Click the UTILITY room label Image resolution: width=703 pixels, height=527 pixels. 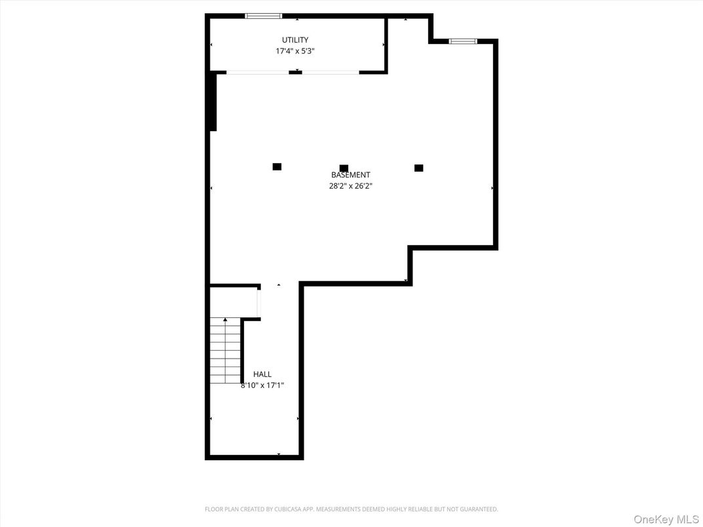pos(295,40)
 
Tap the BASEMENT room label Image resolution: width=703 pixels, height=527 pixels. pos(350,175)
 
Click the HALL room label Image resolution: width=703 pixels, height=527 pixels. pos(262,374)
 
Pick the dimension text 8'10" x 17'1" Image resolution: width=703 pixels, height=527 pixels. pos(262,385)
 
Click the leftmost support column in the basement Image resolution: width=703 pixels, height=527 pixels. pos(277,167)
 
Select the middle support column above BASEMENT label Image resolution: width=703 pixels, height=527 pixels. pos(344,168)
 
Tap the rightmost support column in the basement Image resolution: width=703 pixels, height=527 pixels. pos(419,168)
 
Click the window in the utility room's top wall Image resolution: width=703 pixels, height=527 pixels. pos(264,16)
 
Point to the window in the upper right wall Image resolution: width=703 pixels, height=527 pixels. pos(463,41)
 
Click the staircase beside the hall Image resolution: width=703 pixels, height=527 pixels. pos(225,351)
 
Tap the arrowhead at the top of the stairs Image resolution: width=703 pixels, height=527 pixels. pos(226,320)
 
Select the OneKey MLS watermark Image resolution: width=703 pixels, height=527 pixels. pos(666,520)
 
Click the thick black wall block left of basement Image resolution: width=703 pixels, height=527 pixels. pos(212,102)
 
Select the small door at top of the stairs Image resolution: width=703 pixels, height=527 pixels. pos(259,302)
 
